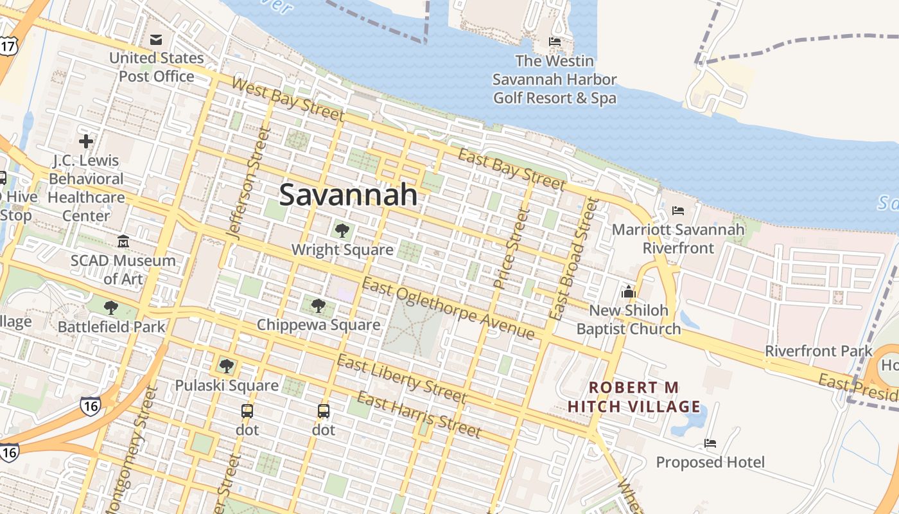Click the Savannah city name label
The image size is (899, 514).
[348, 194]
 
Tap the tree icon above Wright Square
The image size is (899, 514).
[342, 230]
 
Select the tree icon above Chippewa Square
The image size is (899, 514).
[318, 305]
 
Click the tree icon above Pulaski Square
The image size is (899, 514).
[226, 366]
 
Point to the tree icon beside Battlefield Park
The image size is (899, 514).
[111, 307]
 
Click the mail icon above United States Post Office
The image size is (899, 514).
[156, 40]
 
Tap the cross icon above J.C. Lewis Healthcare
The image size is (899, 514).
[86, 141]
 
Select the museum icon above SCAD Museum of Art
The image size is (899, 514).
[123, 242]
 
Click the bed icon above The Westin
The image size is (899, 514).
[555, 42]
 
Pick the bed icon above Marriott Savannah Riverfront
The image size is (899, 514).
[678, 210]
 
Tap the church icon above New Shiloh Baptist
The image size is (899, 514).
[628, 292]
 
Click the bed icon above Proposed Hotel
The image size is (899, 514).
[710, 443]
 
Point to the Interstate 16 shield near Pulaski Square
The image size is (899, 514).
[91, 405]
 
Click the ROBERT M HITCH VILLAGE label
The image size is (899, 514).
[634, 397]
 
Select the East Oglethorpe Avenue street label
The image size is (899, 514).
[448, 308]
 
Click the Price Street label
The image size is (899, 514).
[511, 247]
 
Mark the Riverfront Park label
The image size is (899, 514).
[819, 351]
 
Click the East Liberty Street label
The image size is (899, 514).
[401, 378]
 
